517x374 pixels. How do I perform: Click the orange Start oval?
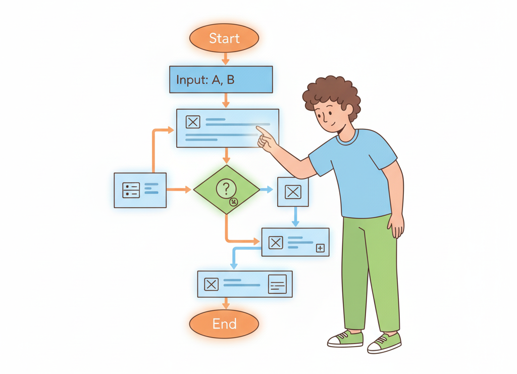click(224, 38)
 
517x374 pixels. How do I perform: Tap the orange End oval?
click(224, 323)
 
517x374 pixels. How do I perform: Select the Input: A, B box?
click(221, 80)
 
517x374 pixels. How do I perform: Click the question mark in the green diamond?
click(226, 189)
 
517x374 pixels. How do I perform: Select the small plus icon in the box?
click(320, 248)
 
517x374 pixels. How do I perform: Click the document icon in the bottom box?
click(277, 285)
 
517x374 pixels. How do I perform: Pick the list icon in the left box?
click(131, 190)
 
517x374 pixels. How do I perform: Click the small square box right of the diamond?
click(293, 192)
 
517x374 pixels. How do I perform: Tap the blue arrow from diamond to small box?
click(266, 190)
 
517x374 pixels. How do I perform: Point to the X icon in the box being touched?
click(193, 122)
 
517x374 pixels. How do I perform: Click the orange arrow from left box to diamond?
click(179, 190)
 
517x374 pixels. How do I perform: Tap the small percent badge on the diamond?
click(234, 202)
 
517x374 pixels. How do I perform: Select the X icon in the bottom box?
click(211, 285)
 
